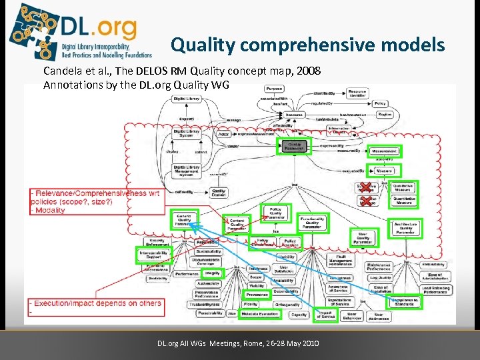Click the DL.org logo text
[x=99, y=29]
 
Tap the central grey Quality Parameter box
[x=294, y=146]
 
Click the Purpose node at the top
[x=273, y=89]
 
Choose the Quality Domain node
[x=219, y=192]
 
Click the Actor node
[x=224, y=134]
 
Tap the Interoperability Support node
[x=154, y=255]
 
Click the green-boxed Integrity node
[x=212, y=273]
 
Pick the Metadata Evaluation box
[x=260, y=313]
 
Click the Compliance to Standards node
[x=405, y=301]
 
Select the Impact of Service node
[x=327, y=314]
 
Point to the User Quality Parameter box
[x=363, y=237]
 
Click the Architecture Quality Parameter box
[x=405, y=227]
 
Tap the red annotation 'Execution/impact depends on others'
[x=97, y=303]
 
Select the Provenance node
[x=257, y=294]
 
